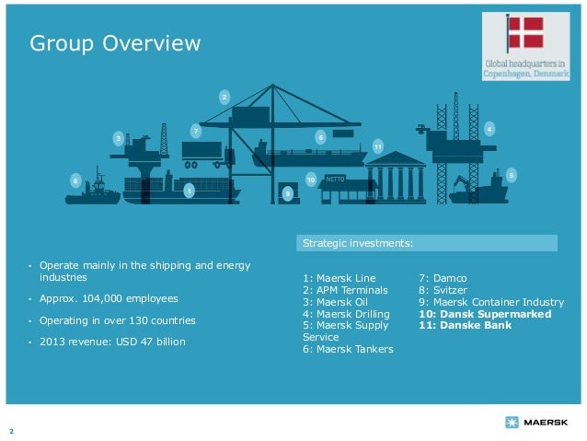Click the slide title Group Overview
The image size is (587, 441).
[x=114, y=43]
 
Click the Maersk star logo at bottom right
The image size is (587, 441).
[x=512, y=422]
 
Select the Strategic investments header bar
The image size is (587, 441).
[x=428, y=243]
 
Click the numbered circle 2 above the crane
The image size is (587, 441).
[x=224, y=97]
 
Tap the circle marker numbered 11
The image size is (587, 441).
[x=377, y=146]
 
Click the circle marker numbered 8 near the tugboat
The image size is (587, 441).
[x=75, y=181]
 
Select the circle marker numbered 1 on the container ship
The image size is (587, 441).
[x=189, y=191]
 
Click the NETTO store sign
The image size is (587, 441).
[x=336, y=179]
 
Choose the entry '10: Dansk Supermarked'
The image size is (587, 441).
[x=485, y=313]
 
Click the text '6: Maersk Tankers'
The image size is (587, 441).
[x=347, y=349]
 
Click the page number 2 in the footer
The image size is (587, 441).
[x=11, y=431]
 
